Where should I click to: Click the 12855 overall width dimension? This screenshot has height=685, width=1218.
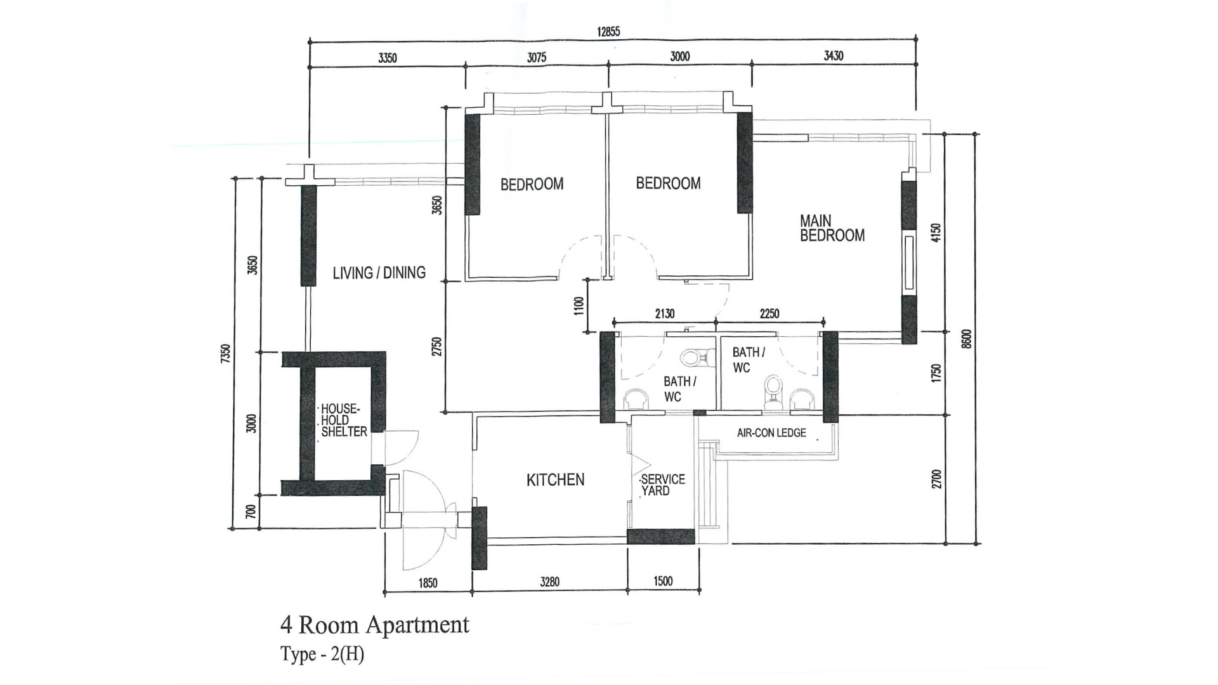pyautogui.click(x=608, y=32)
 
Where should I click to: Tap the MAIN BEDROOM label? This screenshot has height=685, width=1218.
pyautogui.click(x=832, y=228)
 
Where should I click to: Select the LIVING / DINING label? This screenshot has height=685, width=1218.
pyautogui.click(x=379, y=273)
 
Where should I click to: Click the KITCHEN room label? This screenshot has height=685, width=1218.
pyautogui.click(x=555, y=480)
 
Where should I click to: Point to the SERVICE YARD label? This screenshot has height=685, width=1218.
pyautogui.click(x=662, y=485)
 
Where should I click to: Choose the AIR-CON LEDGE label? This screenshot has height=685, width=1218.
pyautogui.click(x=771, y=433)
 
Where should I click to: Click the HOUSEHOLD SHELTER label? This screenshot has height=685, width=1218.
pyautogui.click(x=343, y=420)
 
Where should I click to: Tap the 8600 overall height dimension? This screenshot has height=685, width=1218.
pyautogui.click(x=966, y=338)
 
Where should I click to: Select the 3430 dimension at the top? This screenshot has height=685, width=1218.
pyautogui.click(x=833, y=56)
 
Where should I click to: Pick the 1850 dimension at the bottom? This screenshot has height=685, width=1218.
pyautogui.click(x=428, y=583)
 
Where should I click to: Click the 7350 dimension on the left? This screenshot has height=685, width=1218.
pyautogui.click(x=225, y=353)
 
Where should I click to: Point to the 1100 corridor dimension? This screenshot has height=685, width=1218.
pyautogui.click(x=578, y=306)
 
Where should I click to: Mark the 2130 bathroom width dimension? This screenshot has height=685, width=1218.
pyautogui.click(x=664, y=313)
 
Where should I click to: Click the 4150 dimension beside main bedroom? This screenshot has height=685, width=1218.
pyautogui.click(x=936, y=233)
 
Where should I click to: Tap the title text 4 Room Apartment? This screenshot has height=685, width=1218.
pyautogui.click(x=374, y=625)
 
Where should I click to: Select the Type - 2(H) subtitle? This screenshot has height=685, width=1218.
pyautogui.click(x=322, y=654)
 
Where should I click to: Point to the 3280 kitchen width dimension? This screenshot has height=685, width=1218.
pyautogui.click(x=549, y=582)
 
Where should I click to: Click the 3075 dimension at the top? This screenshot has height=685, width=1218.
pyautogui.click(x=537, y=57)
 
